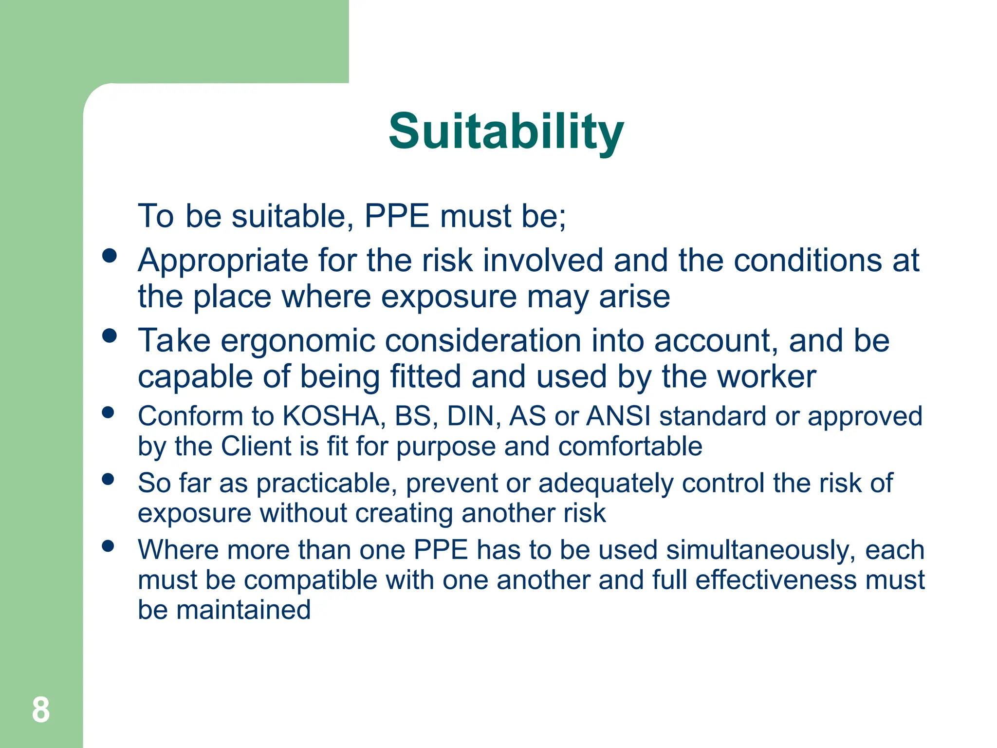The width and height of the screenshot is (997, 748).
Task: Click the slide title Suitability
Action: pos(506,131)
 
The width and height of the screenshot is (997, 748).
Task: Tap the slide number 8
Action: pos(41,710)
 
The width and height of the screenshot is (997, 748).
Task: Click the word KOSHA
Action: pos(332,416)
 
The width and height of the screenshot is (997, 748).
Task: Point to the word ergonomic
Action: pos(298,340)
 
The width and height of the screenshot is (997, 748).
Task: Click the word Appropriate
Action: pos(223,261)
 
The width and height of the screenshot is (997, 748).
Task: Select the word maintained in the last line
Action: pos(243,610)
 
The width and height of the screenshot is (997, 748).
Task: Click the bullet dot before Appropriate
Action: pos(110,256)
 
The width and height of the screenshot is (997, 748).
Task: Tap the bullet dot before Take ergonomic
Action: pos(110,336)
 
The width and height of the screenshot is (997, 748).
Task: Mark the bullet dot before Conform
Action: pos(108,413)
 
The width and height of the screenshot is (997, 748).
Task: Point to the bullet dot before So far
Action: pos(108,479)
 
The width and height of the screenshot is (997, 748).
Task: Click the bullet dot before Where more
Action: pos(108,546)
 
